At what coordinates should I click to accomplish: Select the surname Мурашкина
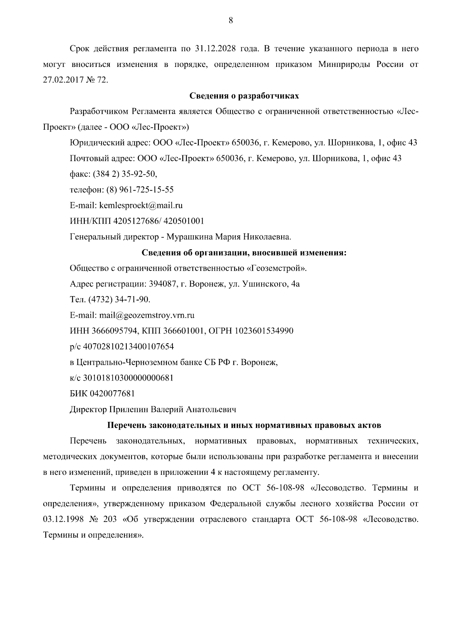pyautogui.click(x=189, y=237)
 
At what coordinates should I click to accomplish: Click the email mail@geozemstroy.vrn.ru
pyautogui.click(x=147, y=315)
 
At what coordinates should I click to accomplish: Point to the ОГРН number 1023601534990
pyautogui.click(x=264, y=331)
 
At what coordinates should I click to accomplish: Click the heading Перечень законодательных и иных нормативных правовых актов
pyautogui.click(x=244, y=426)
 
